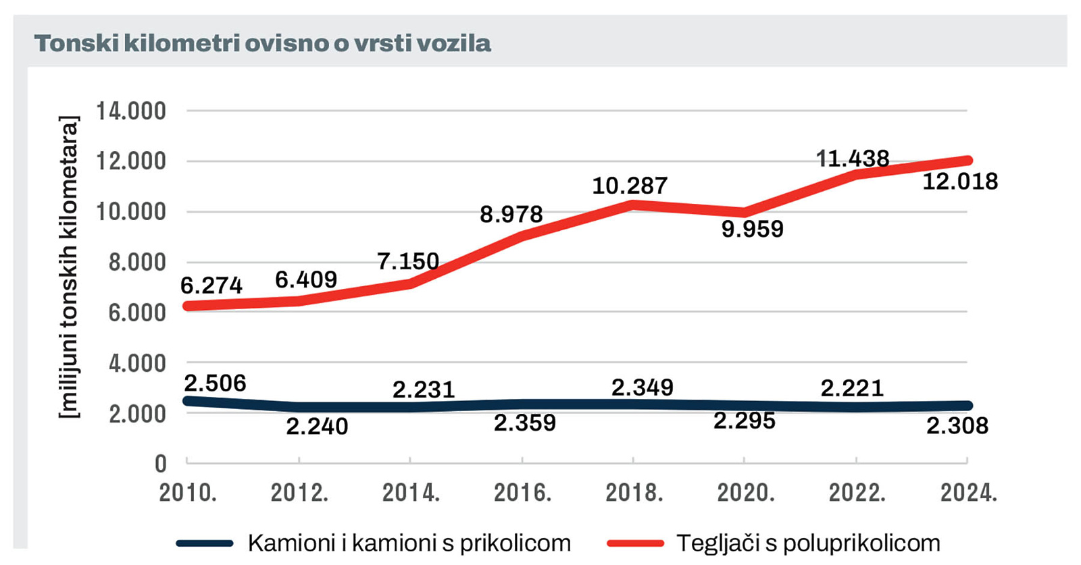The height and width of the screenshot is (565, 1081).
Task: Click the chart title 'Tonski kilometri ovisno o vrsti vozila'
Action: (x=262, y=43)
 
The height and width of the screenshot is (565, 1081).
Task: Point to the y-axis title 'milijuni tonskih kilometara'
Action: (x=69, y=267)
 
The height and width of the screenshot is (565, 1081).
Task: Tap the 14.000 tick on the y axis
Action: (x=131, y=111)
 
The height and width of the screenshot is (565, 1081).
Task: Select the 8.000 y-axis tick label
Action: (x=137, y=262)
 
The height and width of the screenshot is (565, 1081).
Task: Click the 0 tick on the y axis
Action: (x=160, y=464)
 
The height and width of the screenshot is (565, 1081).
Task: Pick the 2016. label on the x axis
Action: (x=522, y=493)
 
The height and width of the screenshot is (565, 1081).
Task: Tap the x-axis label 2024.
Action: (x=968, y=493)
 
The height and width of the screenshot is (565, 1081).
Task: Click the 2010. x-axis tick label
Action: (x=188, y=493)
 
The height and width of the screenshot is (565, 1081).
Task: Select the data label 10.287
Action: (x=630, y=186)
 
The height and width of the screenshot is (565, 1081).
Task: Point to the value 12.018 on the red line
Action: (x=960, y=182)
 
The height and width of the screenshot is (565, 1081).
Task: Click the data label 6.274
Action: (x=211, y=286)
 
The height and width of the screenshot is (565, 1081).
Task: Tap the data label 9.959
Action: (x=752, y=230)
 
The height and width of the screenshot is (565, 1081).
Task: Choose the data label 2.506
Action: (x=215, y=383)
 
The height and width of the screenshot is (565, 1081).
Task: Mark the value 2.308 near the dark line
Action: (x=957, y=426)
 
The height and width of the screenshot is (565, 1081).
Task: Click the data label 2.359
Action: (x=524, y=423)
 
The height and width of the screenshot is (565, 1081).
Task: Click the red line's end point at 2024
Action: (x=967, y=161)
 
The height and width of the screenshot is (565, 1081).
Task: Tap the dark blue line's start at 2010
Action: (x=188, y=401)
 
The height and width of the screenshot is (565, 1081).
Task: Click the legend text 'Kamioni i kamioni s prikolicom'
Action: (x=409, y=543)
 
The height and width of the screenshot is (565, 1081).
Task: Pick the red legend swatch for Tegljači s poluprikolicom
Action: (x=635, y=543)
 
